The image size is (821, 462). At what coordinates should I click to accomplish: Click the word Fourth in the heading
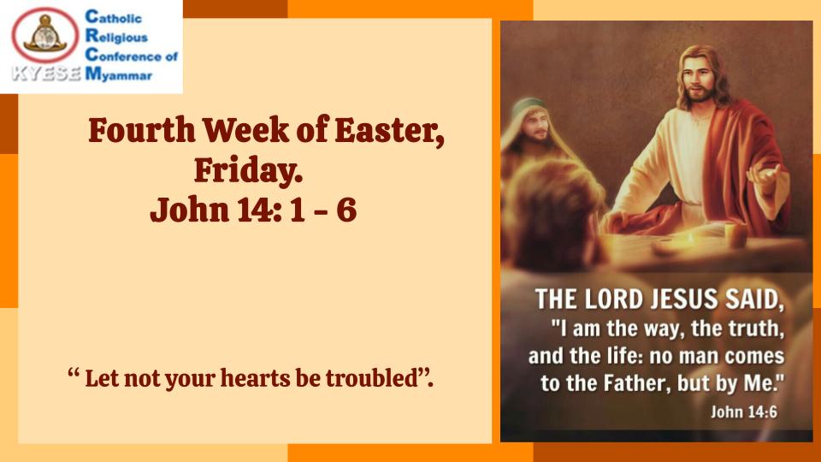141,130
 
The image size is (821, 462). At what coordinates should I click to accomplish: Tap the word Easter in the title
390,130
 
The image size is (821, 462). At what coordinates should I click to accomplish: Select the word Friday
248,170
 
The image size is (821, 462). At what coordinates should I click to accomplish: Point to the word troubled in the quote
371,378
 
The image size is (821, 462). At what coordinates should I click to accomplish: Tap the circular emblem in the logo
45,35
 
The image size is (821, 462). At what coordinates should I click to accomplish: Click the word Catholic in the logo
113,17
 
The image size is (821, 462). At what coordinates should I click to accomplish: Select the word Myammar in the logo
118,74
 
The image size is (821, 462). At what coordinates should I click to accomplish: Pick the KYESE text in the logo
46,74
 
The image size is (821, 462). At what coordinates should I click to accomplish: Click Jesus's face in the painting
699,79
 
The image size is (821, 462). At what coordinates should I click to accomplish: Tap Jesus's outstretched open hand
766,177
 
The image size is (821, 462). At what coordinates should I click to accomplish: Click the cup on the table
735,235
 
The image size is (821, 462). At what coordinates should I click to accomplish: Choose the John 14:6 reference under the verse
744,412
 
